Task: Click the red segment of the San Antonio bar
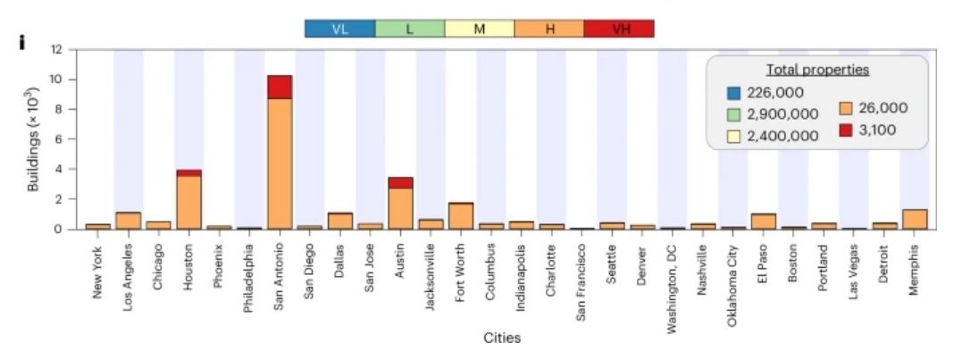pyautogui.click(x=280, y=87)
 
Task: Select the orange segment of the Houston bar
pyautogui.click(x=188, y=202)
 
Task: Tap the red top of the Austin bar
pyautogui.click(x=400, y=183)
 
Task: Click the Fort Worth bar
pyautogui.click(x=461, y=216)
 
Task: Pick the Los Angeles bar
pyautogui.click(x=129, y=221)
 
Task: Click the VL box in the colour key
pyautogui.click(x=339, y=29)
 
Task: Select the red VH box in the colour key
pyautogui.click(x=619, y=29)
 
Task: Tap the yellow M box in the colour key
pyautogui.click(x=480, y=29)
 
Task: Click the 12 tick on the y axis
pyautogui.click(x=59, y=50)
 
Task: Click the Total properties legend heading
pyautogui.click(x=817, y=70)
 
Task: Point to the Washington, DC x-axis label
pyautogui.click(x=673, y=278)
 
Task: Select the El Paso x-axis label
pyautogui.click(x=764, y=258)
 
